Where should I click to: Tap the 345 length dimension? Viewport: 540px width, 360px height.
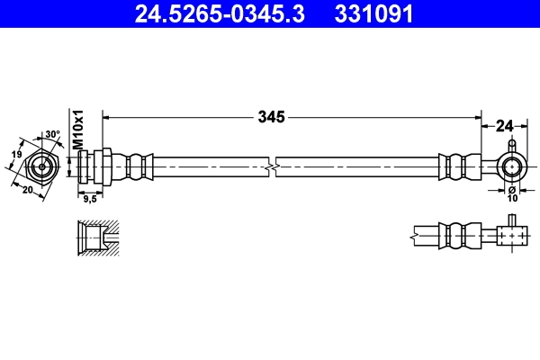[271, 116]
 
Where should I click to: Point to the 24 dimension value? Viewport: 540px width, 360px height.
[504, 127]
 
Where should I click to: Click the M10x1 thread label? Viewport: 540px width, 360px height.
[78, 131]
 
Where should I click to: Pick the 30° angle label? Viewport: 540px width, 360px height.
[53, 135]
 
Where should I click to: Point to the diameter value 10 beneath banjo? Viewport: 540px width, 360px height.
[510, 198]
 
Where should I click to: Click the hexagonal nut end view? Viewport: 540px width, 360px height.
[42, 167]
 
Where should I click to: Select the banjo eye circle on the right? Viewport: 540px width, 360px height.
[511, 166]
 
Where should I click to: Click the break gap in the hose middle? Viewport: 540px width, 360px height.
[273, 166]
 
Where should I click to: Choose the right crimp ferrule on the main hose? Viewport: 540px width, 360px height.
[456, 166]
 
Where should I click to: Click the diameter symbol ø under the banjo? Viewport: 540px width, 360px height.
[510, 190]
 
